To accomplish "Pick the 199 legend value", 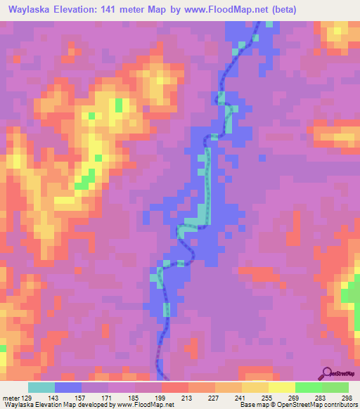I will pyautogui.click(x=162, y=397).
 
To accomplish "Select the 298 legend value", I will pyautogui.click(x=347, y=397).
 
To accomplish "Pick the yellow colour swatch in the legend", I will pyautogui.click(x=281, y=387).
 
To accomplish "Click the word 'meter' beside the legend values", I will pyautogui.click(x=10, y=397).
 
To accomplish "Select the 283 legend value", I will pyautogui.click(x=321, y=397).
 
